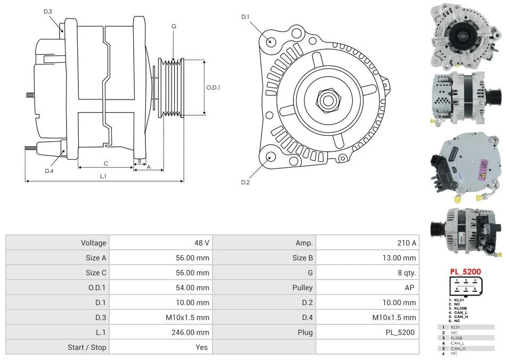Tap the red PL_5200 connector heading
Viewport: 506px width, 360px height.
coord(465,272)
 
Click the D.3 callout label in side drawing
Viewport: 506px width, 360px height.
coord(48,12)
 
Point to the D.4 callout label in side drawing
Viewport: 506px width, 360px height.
coord(49,171)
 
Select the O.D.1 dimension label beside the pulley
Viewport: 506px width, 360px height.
coord(213,87)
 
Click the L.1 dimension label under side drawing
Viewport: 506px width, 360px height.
coord(103,176)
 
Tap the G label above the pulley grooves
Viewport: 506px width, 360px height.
coord(174,26)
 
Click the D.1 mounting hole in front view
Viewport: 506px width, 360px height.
coord(271,41)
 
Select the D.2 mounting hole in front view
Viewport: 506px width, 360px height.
coord(271,157)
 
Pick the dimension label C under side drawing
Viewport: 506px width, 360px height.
coord(106,163)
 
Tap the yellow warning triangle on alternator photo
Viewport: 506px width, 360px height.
coord(482,174)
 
